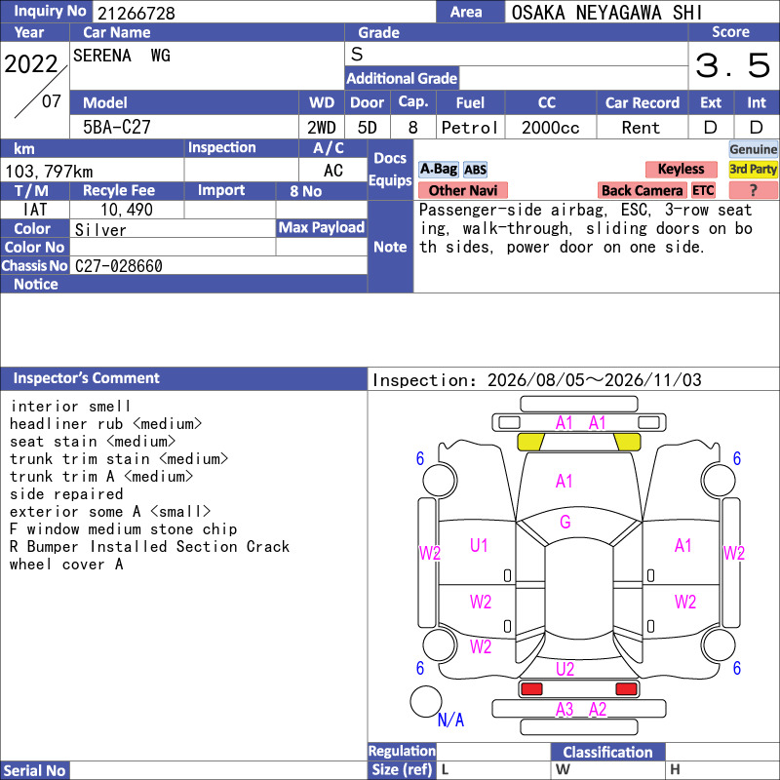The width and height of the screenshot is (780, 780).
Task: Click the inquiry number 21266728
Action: [x=136, y=13]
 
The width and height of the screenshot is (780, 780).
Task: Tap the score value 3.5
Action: [x=733, y=65]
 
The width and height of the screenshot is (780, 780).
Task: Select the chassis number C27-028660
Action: [x=118, y=266]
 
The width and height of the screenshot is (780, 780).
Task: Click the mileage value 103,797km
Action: [x=49, y=172]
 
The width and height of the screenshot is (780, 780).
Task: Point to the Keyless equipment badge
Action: [x=681, y=169]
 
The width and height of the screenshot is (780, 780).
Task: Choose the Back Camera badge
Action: [x=642, y=190]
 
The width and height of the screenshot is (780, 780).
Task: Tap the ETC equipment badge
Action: [x=703, y=190]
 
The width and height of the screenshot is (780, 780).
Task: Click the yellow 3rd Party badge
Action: [x=753, y=169]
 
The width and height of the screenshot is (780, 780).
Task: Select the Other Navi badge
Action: [x=463, y=190]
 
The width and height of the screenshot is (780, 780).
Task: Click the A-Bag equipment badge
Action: [x=439, y=169]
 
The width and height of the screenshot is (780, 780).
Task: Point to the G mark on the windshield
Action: [x=565, y=522]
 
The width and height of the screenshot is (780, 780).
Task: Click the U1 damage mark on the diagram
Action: [x=479, y=546]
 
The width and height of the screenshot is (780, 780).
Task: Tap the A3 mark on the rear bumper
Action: [x=565, y=710]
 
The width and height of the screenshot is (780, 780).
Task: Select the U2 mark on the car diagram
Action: [x=565, y=669]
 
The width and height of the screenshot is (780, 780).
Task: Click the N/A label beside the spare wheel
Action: [x=450, y=720]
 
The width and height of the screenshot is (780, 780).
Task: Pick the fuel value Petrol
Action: [x=470, y=128]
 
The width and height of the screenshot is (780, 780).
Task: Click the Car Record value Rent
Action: [x=641, y=128]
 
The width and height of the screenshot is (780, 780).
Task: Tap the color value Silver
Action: [x=100, y=230]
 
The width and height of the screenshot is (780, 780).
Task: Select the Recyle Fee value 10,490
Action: [x=127, y=210]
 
